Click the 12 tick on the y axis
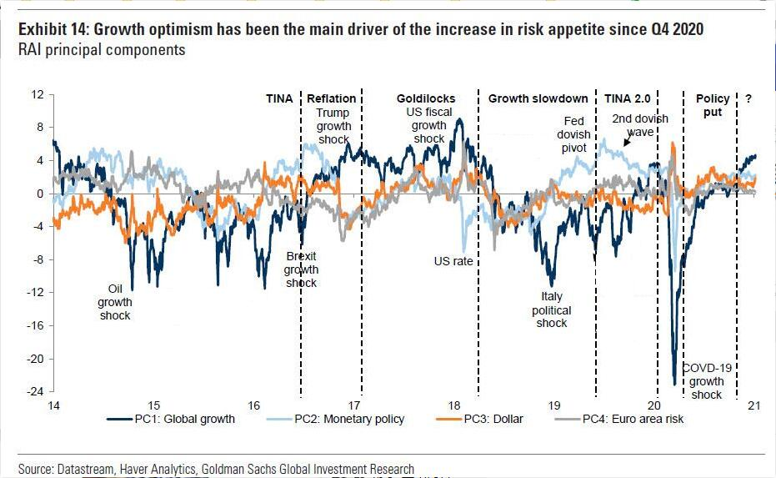[36, 94]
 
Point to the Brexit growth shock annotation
[301, 269]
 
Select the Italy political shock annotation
[552, 309]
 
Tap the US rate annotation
[453, 261]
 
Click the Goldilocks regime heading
[425, 98]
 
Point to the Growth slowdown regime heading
[538, 98]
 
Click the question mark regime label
[748, 98]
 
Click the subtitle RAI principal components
[102, 50]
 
